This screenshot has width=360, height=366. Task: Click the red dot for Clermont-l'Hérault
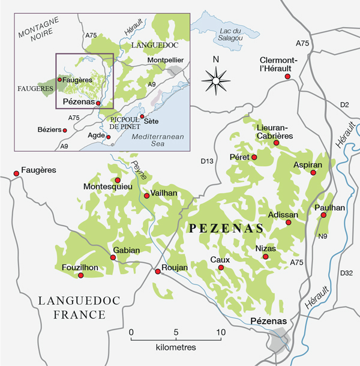pyautogui.click(x=288, y=77)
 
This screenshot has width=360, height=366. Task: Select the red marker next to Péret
pyautogui.click(x=254, y=157)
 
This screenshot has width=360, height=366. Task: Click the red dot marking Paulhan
pyautogui.click(x=323, y=215)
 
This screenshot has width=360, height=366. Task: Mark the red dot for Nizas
pyautogui.click(x=265, y=257)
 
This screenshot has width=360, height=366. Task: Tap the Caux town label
pyautogui.click(x=220, y=259)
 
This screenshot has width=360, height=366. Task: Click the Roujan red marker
pyautogui.click(x=158, y=272)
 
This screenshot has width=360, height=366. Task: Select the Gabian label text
pyautogui.click(x=126, y=250)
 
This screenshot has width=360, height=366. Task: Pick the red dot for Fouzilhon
pyautogui.click(x=81, y=275)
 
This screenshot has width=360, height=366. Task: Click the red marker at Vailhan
pyautogui.click(x=146, y=196)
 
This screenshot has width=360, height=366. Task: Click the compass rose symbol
pyautogui.click(x=217, y=79)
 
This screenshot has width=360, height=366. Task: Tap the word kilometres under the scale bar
pyautogui.click(x=175, y=347)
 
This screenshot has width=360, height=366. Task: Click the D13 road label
pyautogui.click(x=206, y=161)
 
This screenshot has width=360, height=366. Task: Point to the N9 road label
pyautogui.click(x=322, y=236)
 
